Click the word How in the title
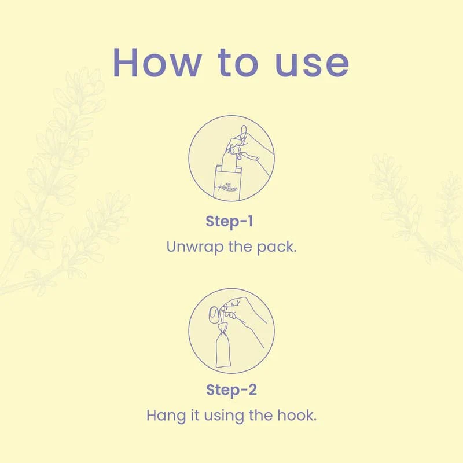[157, 63]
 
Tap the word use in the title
[312, 66]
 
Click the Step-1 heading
[229, 221]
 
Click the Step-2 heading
[231, 389]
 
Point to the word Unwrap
[194, 247]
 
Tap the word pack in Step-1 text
[276, 247]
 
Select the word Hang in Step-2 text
[166, 416]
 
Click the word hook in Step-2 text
[297, 415]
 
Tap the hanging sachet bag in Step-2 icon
[223, 350]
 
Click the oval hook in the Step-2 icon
[214, 315]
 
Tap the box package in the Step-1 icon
[227, 182]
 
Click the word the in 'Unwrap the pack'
[240, 247]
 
